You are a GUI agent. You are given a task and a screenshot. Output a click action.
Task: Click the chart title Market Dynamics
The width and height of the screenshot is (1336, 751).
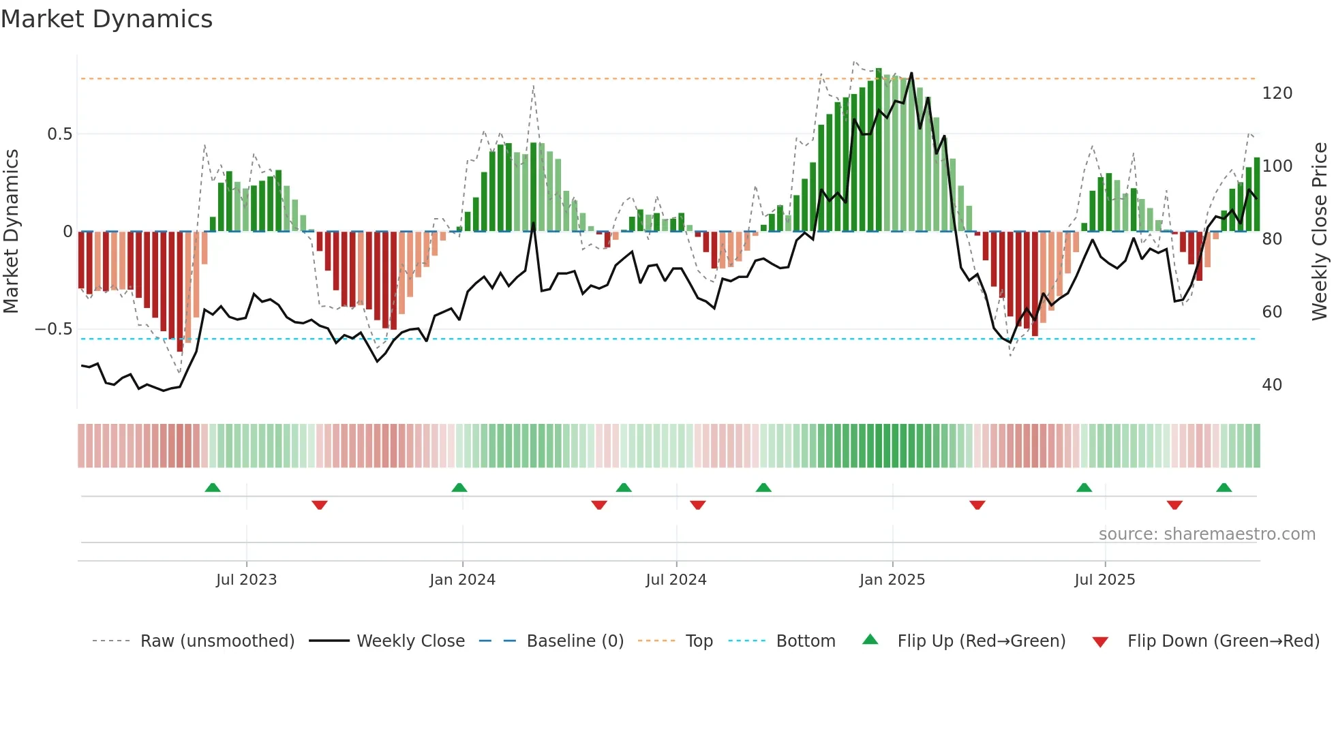coord(107,19)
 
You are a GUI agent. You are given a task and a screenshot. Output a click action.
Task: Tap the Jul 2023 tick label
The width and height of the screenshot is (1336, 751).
coord(246,580)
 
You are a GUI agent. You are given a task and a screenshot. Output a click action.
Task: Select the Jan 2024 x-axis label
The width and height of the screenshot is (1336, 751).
coord(462,580)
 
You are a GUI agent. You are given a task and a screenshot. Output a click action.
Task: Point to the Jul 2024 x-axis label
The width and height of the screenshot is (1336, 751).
coord(675,580)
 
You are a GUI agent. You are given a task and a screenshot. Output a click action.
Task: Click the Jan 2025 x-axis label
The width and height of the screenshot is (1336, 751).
coord(892,580)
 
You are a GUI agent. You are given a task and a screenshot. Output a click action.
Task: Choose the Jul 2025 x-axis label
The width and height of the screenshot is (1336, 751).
coord(1104,580)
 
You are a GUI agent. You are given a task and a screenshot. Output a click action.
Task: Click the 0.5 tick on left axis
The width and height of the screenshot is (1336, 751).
coord(60,134)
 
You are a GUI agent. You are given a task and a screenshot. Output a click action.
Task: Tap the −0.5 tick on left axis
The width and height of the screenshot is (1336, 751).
coord(54,329)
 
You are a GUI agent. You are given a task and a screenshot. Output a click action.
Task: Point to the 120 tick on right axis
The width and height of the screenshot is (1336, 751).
coord(1277,93)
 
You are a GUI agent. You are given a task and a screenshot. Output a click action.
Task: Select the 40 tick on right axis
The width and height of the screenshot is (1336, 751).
coord(1272,385)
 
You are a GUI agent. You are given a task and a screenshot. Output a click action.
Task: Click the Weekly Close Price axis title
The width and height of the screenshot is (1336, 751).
coord(1320,232)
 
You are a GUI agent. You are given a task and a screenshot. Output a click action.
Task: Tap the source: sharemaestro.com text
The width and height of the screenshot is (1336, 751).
coord(1206,534)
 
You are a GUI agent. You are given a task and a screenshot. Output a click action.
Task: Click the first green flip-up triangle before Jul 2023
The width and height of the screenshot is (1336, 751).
coord(213,488)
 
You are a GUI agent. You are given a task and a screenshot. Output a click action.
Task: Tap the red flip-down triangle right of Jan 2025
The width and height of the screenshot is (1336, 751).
coord(977,505)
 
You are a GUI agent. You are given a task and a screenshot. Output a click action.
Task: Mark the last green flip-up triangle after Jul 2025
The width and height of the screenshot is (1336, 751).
coord(1224,488)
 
